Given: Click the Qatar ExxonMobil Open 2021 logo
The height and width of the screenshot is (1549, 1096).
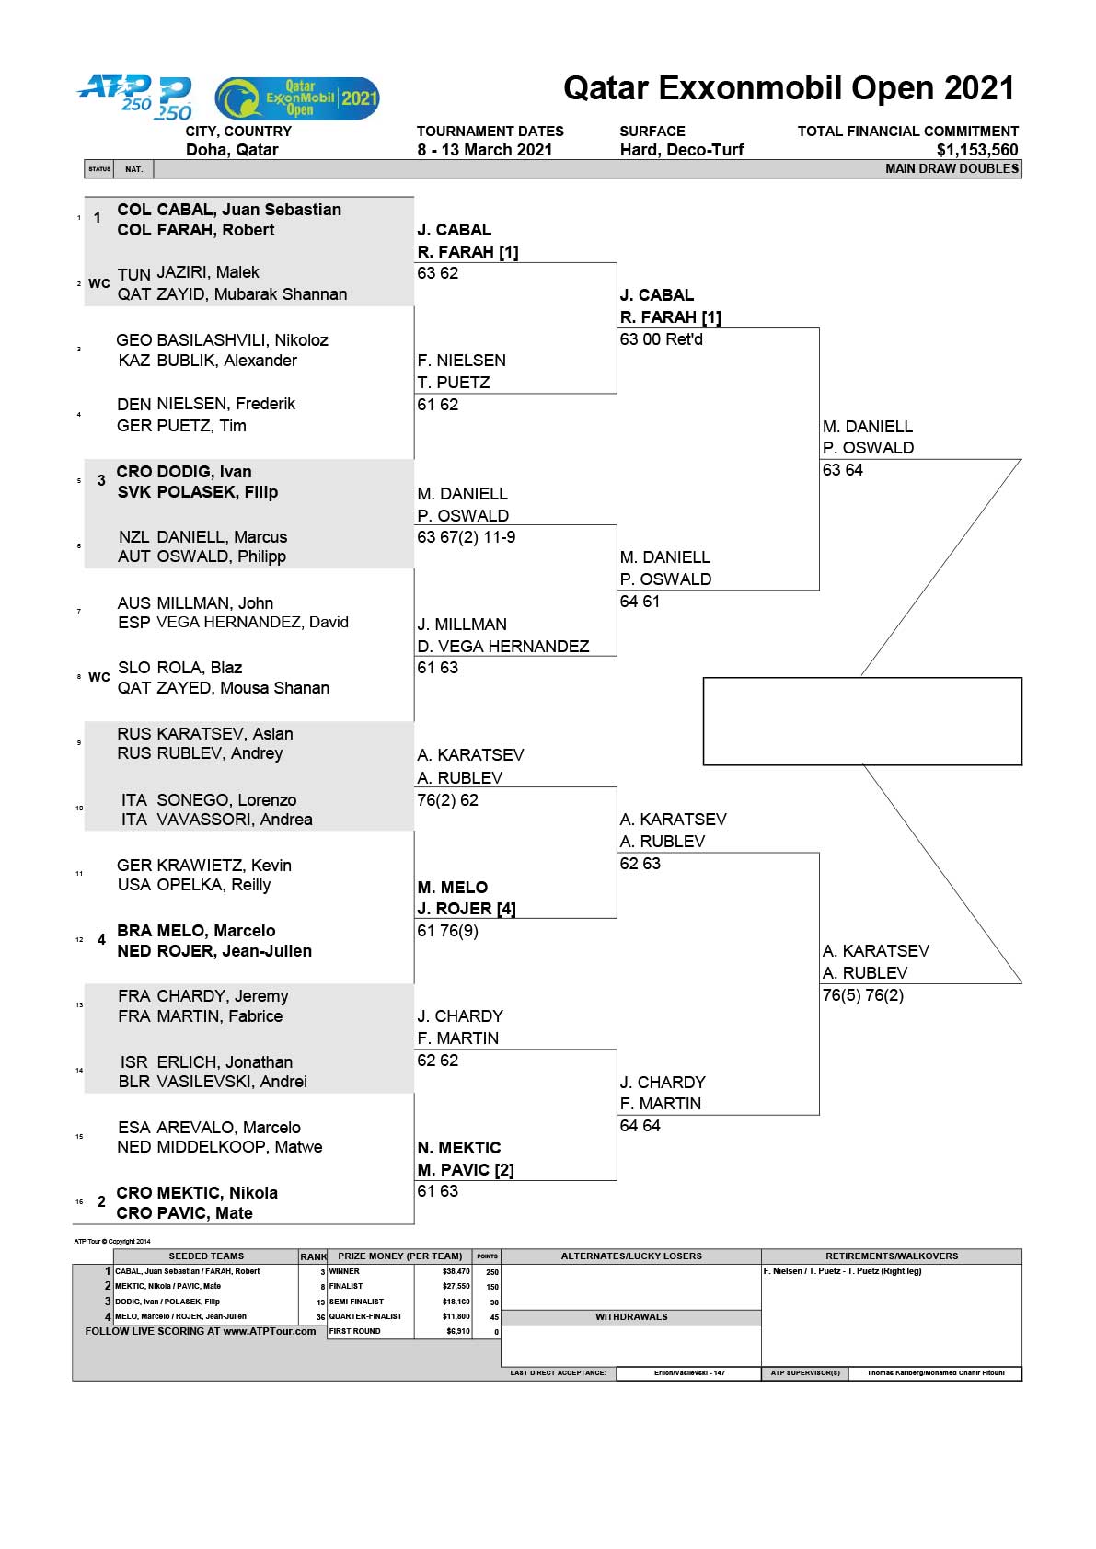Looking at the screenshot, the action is click(297, 98).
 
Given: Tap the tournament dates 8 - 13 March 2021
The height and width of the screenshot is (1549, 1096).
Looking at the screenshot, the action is click(484, 150).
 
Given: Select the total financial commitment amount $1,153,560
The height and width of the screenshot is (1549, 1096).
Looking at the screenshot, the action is click(977, 150).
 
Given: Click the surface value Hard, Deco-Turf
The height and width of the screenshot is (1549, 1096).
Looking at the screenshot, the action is click(682, 150).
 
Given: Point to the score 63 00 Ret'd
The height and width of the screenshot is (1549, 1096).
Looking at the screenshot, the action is click(661, 339).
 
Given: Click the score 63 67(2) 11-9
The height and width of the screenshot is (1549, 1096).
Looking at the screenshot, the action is click(466, 537).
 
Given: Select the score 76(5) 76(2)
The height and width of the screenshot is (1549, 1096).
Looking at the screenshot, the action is click(863, 995).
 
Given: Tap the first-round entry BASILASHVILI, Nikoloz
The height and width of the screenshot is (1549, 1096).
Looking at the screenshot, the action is click(242, 340).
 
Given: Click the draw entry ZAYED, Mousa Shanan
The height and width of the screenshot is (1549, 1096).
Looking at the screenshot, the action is click(243, 688).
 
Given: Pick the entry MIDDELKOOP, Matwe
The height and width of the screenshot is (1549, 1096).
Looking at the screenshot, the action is click(239, 1147).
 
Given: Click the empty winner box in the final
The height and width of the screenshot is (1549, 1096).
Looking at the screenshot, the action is click(862, 721).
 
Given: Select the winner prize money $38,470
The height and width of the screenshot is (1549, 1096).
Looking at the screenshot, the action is click(456, 1272).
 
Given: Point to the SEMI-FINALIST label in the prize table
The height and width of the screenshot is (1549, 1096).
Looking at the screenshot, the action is click(356, 1302).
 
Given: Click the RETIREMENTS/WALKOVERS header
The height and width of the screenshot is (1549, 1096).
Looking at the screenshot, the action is click(891, 1256).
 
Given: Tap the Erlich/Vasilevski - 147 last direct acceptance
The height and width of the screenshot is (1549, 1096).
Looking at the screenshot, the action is click(689, 1372).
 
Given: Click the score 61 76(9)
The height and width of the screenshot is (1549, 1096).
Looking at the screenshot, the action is click(447, 931).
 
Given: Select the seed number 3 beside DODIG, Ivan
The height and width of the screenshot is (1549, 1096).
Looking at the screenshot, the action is click(101, 480).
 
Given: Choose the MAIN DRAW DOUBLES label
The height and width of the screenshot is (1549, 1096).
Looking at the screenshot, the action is click(952, 168).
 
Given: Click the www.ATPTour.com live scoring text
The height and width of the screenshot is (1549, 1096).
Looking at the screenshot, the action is click(269, 1331).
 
